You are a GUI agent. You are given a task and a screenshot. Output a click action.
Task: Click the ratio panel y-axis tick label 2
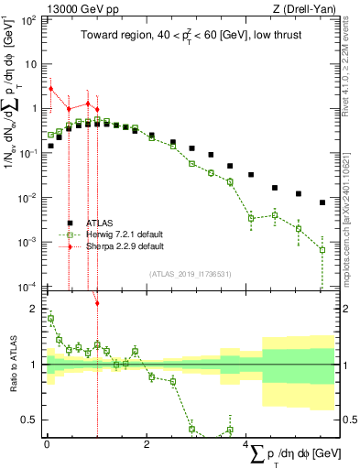pyautogui.click(x=34, y=309)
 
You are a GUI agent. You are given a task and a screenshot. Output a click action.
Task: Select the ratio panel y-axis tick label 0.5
pyautogui.click(x=30, y=420)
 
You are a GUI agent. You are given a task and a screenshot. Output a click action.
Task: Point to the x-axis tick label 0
pyautogui.click(x=47, y=444)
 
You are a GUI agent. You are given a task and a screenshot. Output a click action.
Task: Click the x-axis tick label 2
pyautogui.click(x=147, y=444)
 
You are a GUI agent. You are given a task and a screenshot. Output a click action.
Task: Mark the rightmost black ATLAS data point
pyautogui.click(x=322, y=202)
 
